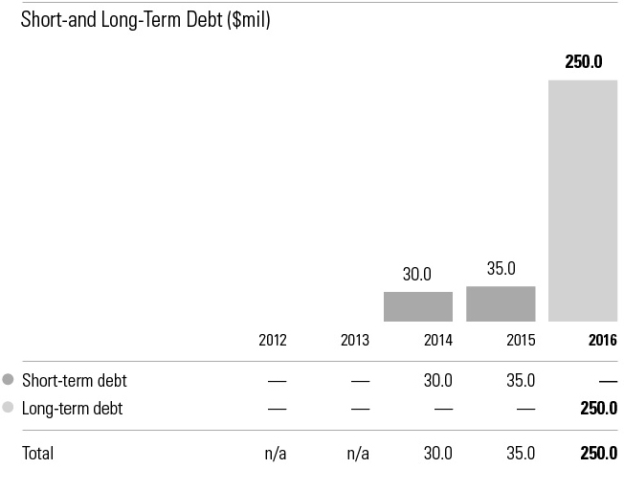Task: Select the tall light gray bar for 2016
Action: tap(583, 200)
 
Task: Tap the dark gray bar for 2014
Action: tap(418, 306)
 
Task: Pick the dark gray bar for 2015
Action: tap(501, 303)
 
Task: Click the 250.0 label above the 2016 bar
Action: tap(583, 62)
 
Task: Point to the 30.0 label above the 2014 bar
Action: tap(417, 275)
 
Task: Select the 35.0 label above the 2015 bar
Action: tap(501, 269)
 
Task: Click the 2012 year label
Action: tap(273, 340)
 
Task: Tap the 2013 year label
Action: tap(355, 340)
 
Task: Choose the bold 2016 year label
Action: tap(603, 340)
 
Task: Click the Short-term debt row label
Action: tap(74, 380)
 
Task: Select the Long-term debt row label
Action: tap(73, 409)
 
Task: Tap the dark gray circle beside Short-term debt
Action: tap(9, 380)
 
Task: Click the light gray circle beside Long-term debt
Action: tap(9, 409)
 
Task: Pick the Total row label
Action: tap(38, 453)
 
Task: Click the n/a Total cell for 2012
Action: tap(276, 453)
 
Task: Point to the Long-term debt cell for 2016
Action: tap(599, 409)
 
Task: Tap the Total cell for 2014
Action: tap(437, 453)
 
